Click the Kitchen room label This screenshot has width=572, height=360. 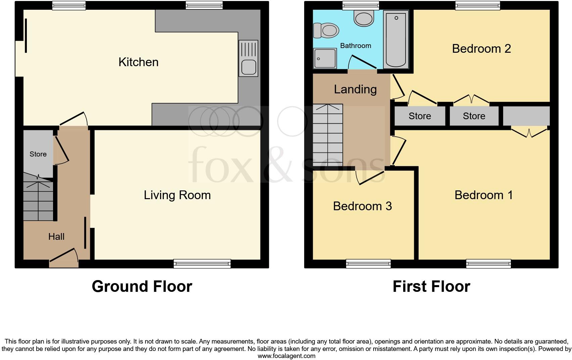138,62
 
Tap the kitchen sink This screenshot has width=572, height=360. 248,58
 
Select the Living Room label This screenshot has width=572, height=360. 177,195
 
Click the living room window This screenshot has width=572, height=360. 202,264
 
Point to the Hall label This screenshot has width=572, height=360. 56,237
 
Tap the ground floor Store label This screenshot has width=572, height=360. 38,154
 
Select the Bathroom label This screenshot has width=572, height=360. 355,46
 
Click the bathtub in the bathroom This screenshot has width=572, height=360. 396,39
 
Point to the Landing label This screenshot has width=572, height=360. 355,89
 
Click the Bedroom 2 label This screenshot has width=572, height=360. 481,49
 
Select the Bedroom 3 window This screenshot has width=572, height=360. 368,264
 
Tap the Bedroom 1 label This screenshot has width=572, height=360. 483,195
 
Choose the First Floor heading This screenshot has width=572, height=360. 431,286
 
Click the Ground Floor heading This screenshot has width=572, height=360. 142,286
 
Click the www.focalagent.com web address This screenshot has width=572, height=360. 286,356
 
